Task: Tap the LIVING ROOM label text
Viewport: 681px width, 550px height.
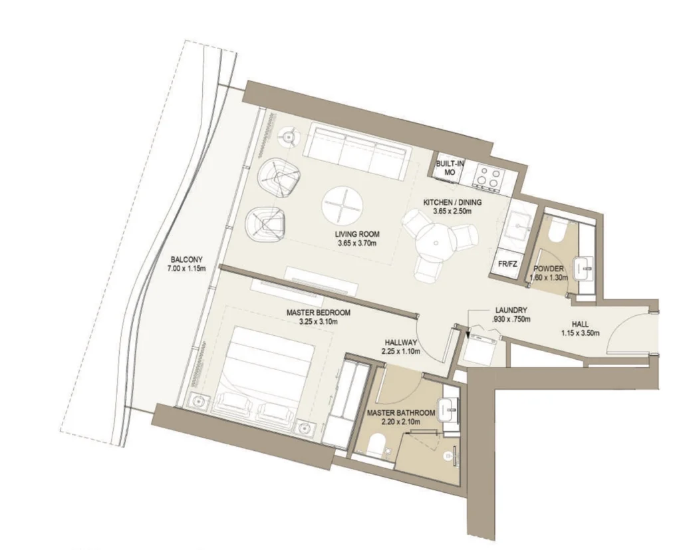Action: click(x=357, y=235)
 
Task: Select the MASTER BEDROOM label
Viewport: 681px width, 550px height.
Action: click(x=319, y=313)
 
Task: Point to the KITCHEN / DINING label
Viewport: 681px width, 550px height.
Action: click(x=452, y=202)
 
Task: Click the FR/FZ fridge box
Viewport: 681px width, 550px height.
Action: click(x=507, y=263)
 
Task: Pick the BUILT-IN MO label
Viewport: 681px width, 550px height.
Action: click(x=450, y=168)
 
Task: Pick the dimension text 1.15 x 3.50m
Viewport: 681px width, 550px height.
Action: click(x=580, y=334)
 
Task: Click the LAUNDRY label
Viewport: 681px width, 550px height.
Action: click(x=511, y=310)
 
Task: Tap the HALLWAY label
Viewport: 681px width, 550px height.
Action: click(x=401, y=343)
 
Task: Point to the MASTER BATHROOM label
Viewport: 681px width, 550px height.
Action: click(x=400, y=413)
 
